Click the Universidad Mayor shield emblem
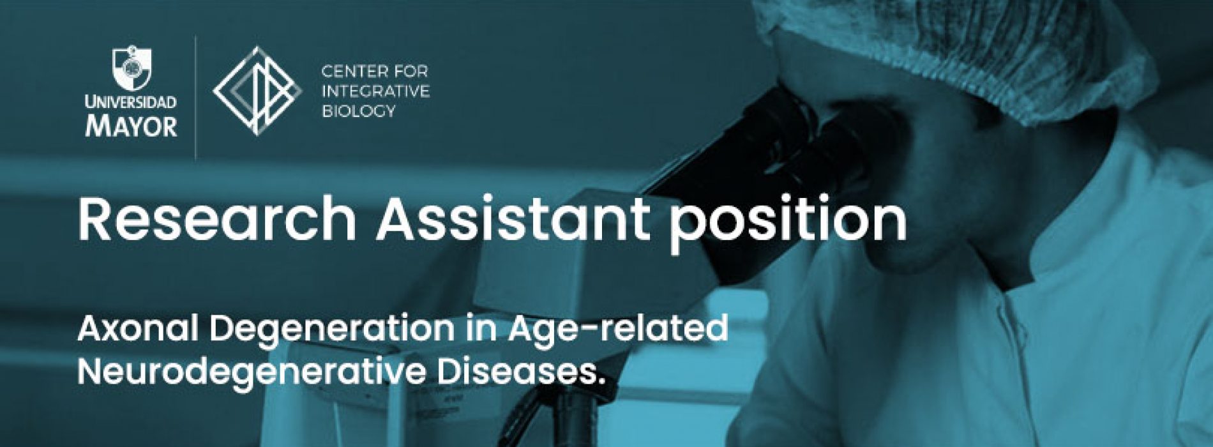coord(132,70)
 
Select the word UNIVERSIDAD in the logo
coord(132,102)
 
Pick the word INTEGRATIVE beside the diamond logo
coord(376,91)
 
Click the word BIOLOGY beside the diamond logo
coord(359,112)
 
